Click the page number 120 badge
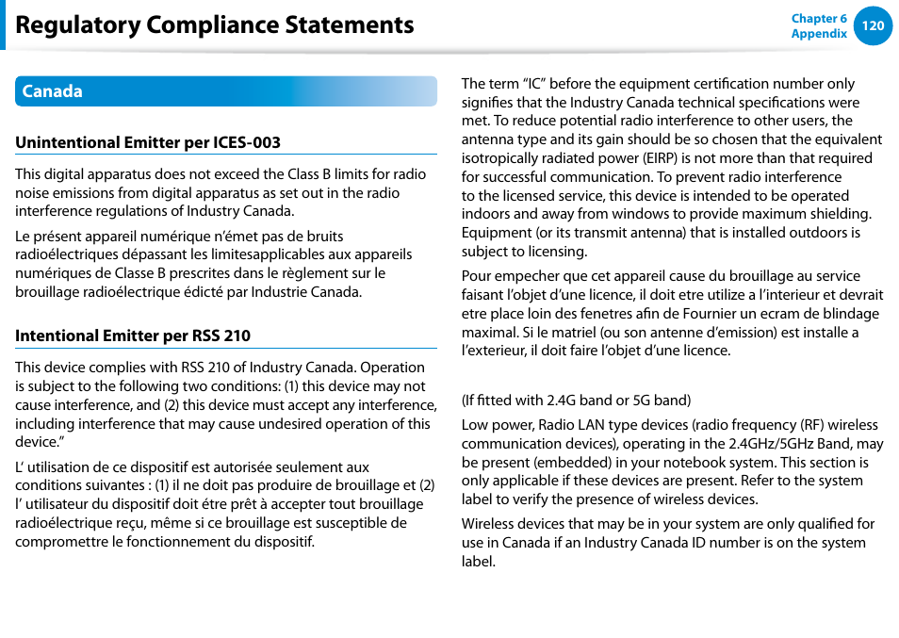coord(873,25)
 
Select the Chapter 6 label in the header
coord(819,18)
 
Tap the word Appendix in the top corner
coord(819,33)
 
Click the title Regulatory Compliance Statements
coord(215,25)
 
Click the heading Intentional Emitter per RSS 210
coord(133,335)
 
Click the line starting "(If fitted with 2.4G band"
coord(576,401)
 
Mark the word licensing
coord(556,252)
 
